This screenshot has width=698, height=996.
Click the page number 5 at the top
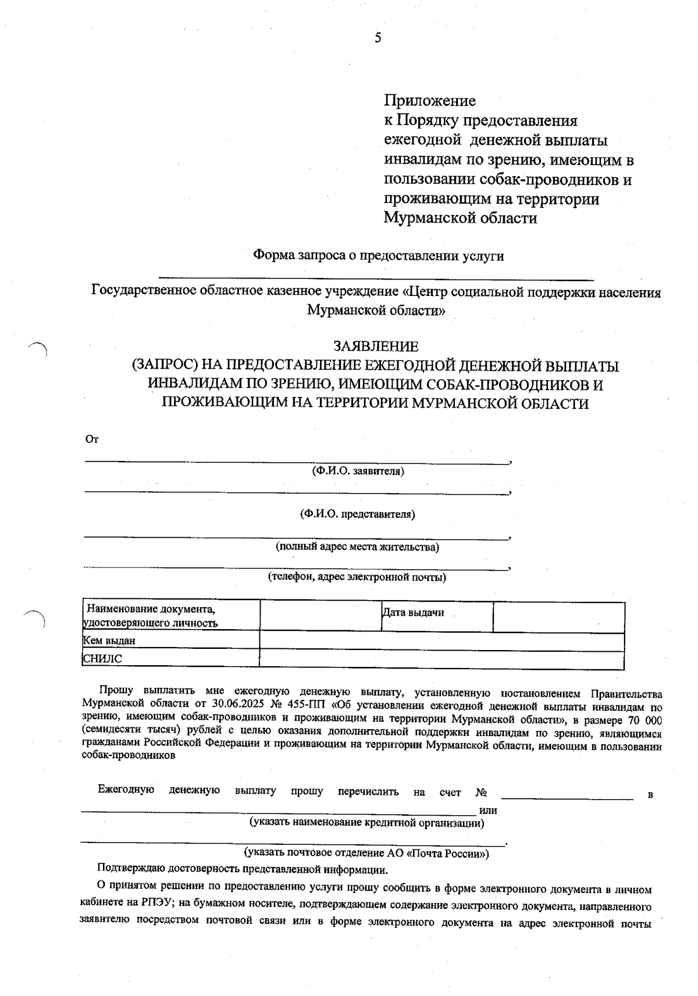tap(378, 38)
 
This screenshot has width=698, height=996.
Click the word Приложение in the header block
tap(430, 101)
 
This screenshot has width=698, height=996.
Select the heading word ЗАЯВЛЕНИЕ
tap(375, 347)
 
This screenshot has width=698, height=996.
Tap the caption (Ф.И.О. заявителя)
tap(358, 471)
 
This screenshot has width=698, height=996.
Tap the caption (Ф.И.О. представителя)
tap(357, 514)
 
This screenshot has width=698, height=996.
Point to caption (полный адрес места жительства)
tap(357, 547)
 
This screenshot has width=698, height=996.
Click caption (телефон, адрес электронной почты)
tap(357, 577)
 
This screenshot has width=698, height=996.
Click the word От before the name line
tap(92, 440)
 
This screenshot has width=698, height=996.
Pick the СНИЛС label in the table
tap(103, 659)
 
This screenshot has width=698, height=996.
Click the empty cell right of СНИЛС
tap(441, 659)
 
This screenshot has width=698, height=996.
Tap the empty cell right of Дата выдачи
tap(558, 616)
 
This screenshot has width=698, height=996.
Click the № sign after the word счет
tap(480, 792)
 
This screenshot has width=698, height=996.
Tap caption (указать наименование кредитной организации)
tap(366, 823)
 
